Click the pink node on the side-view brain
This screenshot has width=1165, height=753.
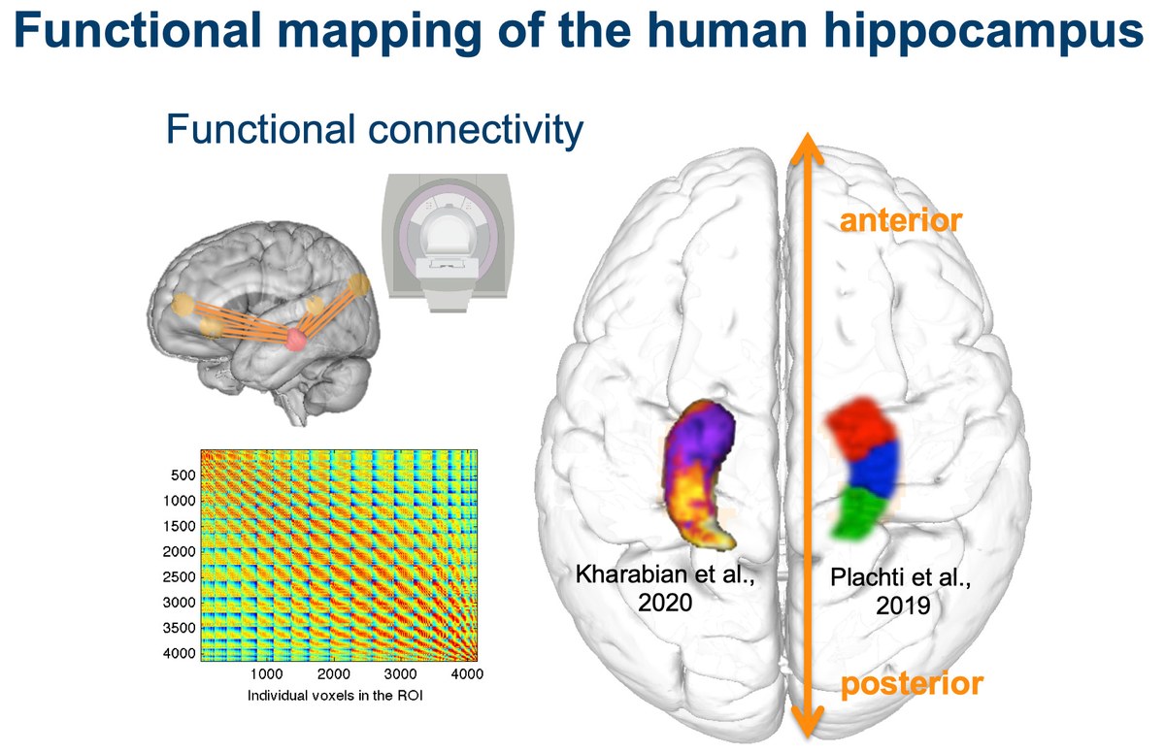(296, 339)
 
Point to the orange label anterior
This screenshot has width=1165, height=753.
(900, 221)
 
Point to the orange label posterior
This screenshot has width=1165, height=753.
(912, 684)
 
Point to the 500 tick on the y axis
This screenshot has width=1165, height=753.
(183, 475)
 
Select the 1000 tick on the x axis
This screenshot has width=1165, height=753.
(266, 673)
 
